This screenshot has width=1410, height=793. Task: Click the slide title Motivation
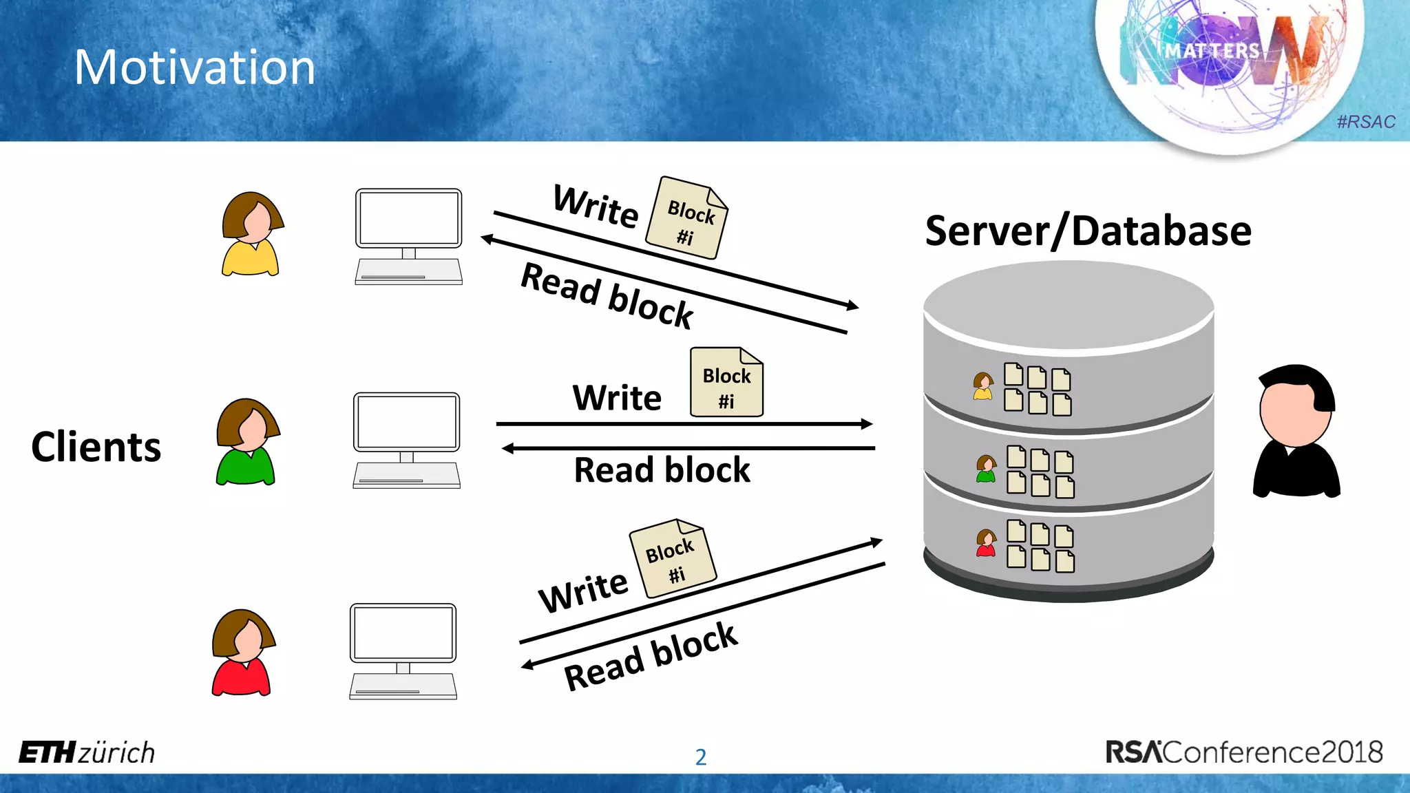point(195,67)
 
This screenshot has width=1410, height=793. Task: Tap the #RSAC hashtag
point(1365,122)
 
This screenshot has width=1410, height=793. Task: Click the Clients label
point(96,447)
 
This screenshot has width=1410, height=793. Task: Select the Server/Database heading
point(1088,231)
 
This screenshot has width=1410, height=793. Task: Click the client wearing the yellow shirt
point(251,235)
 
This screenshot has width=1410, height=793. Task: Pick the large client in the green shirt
point(247,443)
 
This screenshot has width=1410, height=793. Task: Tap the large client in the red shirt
point(242,653)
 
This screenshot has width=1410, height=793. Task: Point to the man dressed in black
point(1296,432)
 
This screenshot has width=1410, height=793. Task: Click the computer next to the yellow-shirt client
point(408,236)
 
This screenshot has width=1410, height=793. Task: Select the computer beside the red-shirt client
point(403,651)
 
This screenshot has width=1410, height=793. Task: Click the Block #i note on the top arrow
point(687,218)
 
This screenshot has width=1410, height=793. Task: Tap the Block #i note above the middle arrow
point(726,383)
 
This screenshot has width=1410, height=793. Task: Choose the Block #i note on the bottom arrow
point(673,558)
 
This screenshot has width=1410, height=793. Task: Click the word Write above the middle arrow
point(617,398)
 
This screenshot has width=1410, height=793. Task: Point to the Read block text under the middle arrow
point(662,470)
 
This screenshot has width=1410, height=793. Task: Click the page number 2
point(701,757)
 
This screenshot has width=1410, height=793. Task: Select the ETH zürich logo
point(87,752)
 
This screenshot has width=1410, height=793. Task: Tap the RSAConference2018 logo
point(1243,752)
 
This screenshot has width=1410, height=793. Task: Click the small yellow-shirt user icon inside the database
point(983,386)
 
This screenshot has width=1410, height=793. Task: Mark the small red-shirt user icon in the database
point(986,543)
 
